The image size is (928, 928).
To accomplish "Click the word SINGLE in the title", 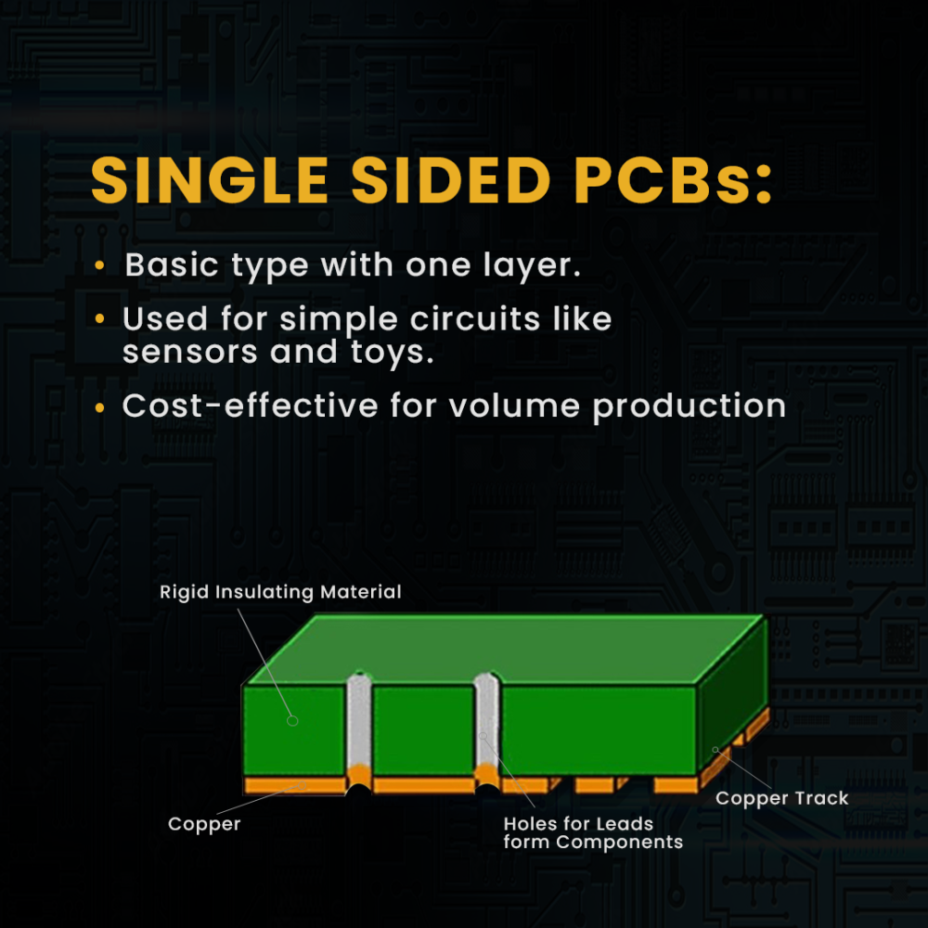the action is coord(210,181).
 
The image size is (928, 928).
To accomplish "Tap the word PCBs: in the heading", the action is coord(673,181).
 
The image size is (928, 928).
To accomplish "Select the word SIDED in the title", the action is coord(451,181).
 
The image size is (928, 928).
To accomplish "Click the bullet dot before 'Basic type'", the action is coord(99,265).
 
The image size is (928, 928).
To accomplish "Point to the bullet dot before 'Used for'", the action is coord(99,319).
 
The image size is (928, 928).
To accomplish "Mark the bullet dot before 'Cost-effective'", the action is coord(99,407).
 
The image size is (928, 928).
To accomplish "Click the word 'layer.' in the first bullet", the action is coord(532,265).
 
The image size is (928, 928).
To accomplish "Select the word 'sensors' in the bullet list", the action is coord(190,352).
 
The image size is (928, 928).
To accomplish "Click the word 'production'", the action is coord(690,407).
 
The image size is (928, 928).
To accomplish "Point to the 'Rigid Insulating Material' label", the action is coord(280,592).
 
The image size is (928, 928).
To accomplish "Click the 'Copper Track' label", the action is coord(781,798).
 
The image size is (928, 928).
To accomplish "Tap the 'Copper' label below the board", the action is coord(204,824).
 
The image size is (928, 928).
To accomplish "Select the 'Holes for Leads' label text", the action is coord(578,823).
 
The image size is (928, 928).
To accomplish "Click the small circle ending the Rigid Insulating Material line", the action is coord(292,721).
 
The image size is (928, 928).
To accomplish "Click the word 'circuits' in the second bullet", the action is coord(475,319).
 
